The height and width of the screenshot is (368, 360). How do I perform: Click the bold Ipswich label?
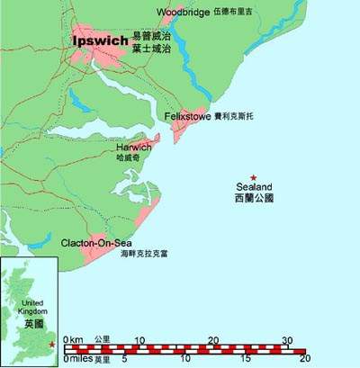98,43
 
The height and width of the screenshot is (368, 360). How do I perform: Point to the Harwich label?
134,147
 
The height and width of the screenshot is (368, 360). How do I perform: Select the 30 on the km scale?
288,339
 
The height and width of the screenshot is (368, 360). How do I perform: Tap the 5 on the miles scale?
124,359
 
